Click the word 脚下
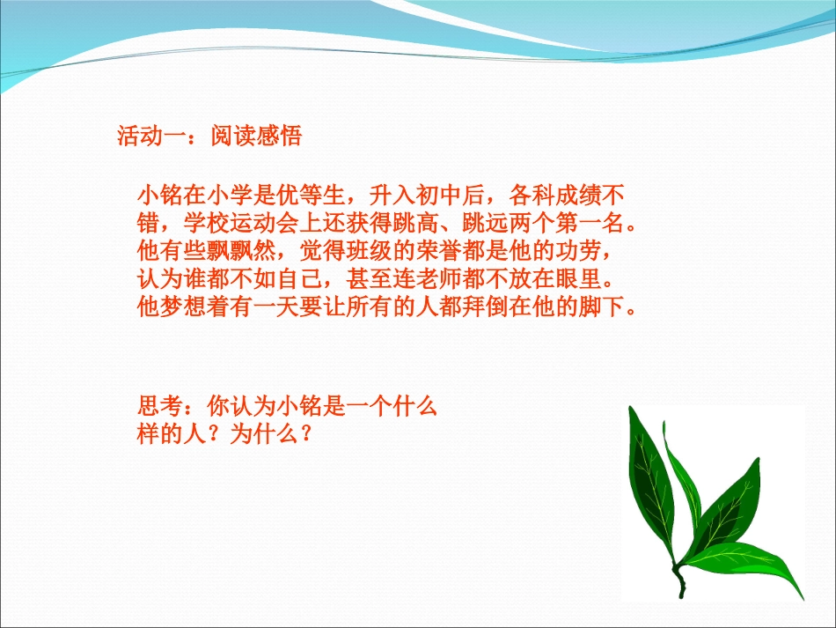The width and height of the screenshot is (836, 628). (x=610, y=308)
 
